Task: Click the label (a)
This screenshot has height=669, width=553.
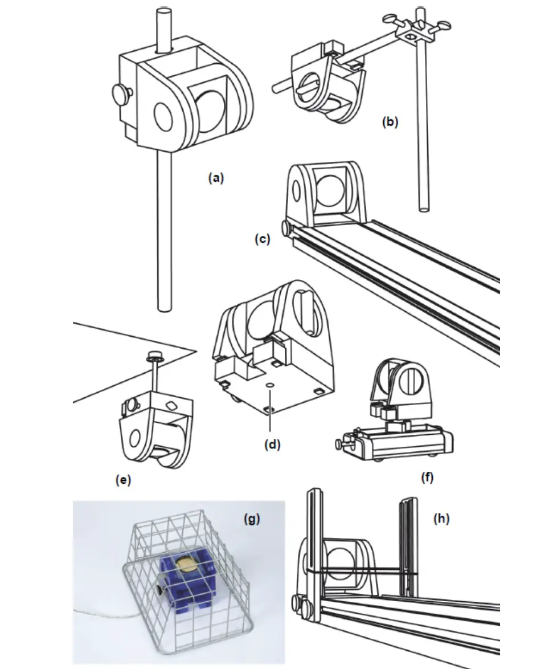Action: (216, 178)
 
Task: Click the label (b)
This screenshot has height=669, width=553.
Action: (390, 122)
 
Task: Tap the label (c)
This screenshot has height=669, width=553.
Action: (261, 239)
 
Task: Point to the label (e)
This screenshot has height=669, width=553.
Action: (122, 480)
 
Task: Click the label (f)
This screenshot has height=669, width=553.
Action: (427, 477)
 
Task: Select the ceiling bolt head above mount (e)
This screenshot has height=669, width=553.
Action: (153, 354)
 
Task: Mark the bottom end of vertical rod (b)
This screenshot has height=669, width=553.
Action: (422, 209)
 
